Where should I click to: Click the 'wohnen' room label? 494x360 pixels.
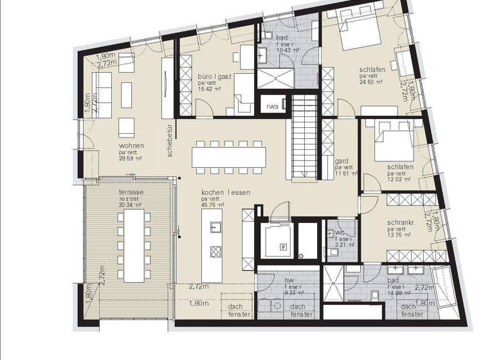click(x=131, y=145)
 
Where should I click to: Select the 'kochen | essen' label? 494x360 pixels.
click(x=225, y=192)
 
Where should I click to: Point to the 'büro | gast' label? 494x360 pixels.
click(x=214, y=76)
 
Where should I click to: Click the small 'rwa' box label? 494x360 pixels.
click(x=273, y=107)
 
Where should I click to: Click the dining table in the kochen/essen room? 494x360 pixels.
click(x=228, y=157)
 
